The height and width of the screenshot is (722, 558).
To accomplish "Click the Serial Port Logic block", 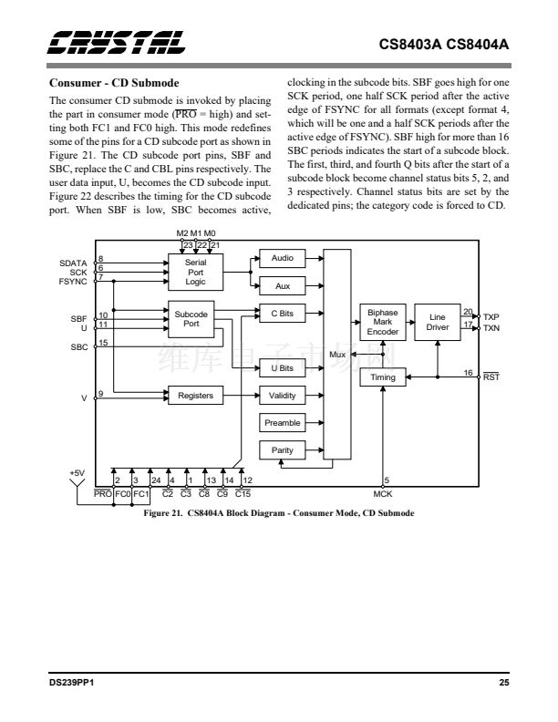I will pos(195,271).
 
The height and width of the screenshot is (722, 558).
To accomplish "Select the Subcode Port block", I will pos(191,318).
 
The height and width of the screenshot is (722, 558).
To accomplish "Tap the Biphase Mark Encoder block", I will pos(382,322).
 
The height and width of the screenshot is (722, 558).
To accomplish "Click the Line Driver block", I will pos(438,322).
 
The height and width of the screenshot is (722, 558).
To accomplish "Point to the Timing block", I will pos(383,377).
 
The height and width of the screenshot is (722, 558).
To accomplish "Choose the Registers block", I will pos(195,396).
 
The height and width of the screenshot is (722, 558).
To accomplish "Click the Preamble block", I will pos(282,423).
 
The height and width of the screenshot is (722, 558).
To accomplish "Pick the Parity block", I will pos(282,450).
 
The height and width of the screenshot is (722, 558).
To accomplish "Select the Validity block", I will pos(282,396).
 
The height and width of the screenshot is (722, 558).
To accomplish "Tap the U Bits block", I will pos(282,368).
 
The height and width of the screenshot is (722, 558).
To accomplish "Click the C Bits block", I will pos(282,314).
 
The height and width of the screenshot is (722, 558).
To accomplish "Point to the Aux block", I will pos(282,285).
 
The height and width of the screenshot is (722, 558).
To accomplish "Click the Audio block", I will pos(282,259).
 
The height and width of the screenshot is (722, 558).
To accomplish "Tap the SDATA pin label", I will pos(73,263).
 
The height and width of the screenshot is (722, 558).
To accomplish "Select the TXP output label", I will pos(491,317).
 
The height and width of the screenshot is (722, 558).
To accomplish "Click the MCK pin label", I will pos(383,494).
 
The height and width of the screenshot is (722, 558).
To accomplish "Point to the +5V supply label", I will pos(77,472).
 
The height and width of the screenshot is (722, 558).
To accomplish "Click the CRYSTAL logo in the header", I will pos(118,43).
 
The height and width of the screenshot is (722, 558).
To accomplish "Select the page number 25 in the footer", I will pos(503,684).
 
